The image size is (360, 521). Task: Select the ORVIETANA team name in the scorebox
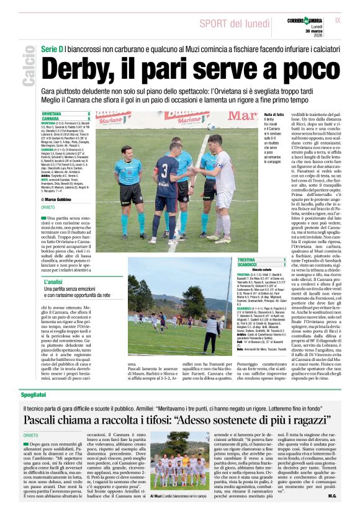pos(52,114)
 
